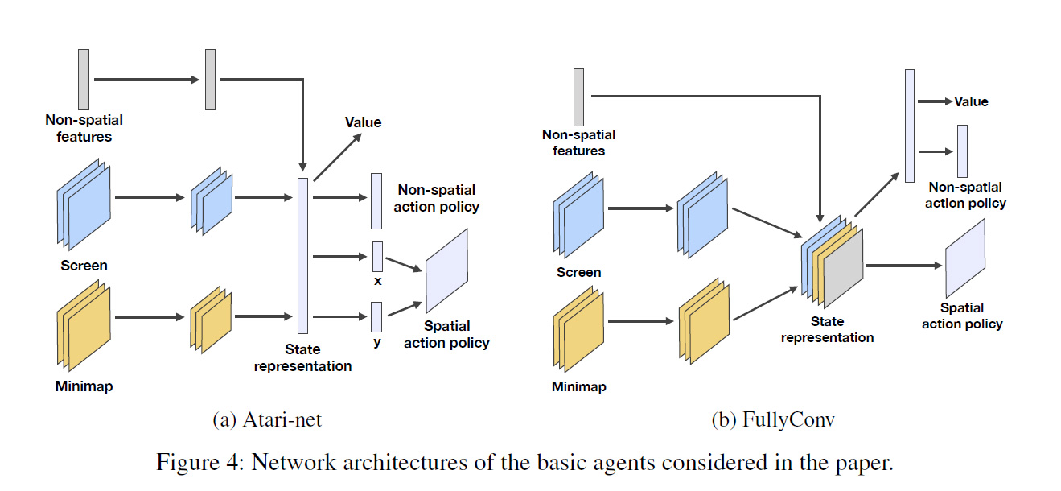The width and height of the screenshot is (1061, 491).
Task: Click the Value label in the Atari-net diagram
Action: pos(363,122)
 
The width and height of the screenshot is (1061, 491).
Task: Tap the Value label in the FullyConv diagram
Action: pos(971,102)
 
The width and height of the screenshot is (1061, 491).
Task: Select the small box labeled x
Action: pos(376,256)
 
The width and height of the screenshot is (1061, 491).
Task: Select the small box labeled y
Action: pos(376,317)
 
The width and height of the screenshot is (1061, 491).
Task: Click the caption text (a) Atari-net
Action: pos(267,419)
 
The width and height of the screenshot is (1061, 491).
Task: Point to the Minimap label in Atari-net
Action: pos(84,386)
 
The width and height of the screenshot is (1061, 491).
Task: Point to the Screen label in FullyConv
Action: pos(578,272)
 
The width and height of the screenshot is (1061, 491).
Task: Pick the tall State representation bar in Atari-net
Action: pos(302,256)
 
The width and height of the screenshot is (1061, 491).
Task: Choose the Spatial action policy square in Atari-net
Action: pos(446,270)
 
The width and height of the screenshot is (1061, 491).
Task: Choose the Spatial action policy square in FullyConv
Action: pos(965,258)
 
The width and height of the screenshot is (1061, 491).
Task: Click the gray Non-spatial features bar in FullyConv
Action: pos(578,97)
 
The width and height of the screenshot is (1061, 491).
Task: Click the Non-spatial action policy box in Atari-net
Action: pos(376,201)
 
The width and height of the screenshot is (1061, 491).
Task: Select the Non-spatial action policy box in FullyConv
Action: pos(962,151)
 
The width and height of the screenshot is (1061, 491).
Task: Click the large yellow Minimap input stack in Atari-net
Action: pos(84,321)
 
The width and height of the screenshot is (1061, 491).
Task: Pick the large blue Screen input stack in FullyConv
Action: pos(579,208)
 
